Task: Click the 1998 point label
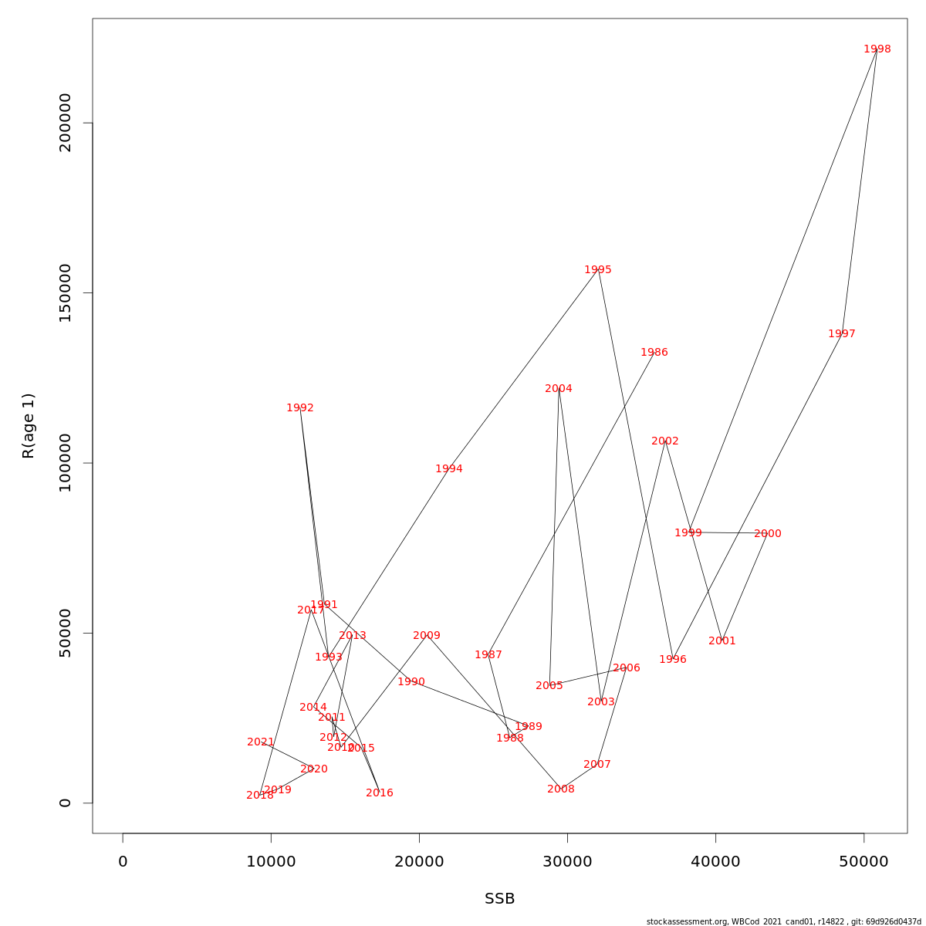click(x=877, y=49)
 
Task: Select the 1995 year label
click(x=597, y=270)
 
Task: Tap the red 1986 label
click(x=654, y=353)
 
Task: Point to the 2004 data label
click(x=558, y=389)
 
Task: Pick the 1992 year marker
click(x=299, y=408)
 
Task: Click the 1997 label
click(x=841, y=334)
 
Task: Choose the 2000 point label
click(x=767, y=534)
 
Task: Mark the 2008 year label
click(x=560, y=789)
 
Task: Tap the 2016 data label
click(x=379, y=793)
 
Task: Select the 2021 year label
click(x=260, y=742)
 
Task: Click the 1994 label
click(x=448, y=469)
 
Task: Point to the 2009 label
click(x=426, y=636)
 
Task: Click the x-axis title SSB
click(x=499, y=899)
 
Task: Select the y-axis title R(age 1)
click(x=29, y=426)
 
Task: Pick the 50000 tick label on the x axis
click(x=863, y=862)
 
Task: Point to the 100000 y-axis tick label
click(x=65, y=462)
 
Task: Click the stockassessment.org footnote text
click(x=783, y=921)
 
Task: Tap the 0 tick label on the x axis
click(x=123, y=862)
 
